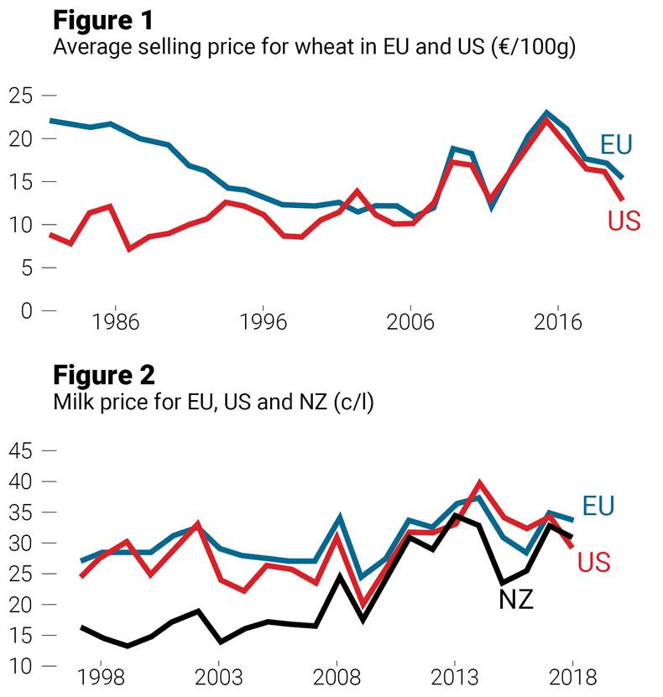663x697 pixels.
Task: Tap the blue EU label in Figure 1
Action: (615, 145)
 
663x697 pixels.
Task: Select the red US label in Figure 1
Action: (624, 221)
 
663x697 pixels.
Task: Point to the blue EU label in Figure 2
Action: (598, 506)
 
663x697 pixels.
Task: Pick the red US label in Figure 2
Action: (593, 562)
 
